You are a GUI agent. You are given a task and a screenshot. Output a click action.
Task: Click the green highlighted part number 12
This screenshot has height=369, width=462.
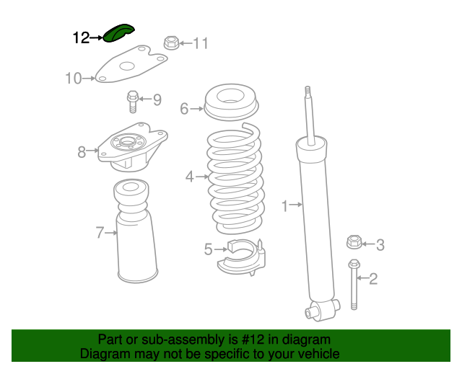(x=118, y=33)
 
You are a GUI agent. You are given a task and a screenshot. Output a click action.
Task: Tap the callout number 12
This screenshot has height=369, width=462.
(x=81, y=38)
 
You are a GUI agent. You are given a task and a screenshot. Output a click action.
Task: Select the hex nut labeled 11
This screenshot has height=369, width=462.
(x=172, y=43)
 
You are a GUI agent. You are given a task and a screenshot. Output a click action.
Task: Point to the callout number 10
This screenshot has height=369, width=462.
(x=74, y=79)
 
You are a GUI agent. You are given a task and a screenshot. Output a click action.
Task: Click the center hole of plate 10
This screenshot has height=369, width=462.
(x=127, y=66)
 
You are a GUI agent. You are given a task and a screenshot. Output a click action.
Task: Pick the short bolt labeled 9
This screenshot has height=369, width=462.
(x=133, y=102)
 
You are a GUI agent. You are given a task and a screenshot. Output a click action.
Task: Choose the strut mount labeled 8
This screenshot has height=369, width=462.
(x=133, y=147)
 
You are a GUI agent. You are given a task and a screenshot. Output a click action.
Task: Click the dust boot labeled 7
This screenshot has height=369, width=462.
(x=136, y=231)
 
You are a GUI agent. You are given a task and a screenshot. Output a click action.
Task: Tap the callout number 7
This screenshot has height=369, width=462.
(x=100, y=233)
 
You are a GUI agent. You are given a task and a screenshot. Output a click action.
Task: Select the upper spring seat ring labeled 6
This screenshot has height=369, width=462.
(x=231, y=102)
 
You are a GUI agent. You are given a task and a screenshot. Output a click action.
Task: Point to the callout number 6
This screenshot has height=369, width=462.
(x=184, y=109)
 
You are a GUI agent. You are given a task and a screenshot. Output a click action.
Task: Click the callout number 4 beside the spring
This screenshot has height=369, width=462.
(x=189, y=177)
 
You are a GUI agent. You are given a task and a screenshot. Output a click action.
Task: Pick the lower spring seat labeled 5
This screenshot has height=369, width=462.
(x=242, y=257)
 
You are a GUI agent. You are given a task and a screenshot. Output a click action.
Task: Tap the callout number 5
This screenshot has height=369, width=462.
(x=208, y=249)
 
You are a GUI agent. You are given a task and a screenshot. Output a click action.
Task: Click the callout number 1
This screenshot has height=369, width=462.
(x=284, y=205)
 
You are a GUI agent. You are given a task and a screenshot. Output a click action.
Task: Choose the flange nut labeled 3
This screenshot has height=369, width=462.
(x=354, y=242)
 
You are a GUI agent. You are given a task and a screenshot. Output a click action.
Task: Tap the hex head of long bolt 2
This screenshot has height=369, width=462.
(x=354, y=264)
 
